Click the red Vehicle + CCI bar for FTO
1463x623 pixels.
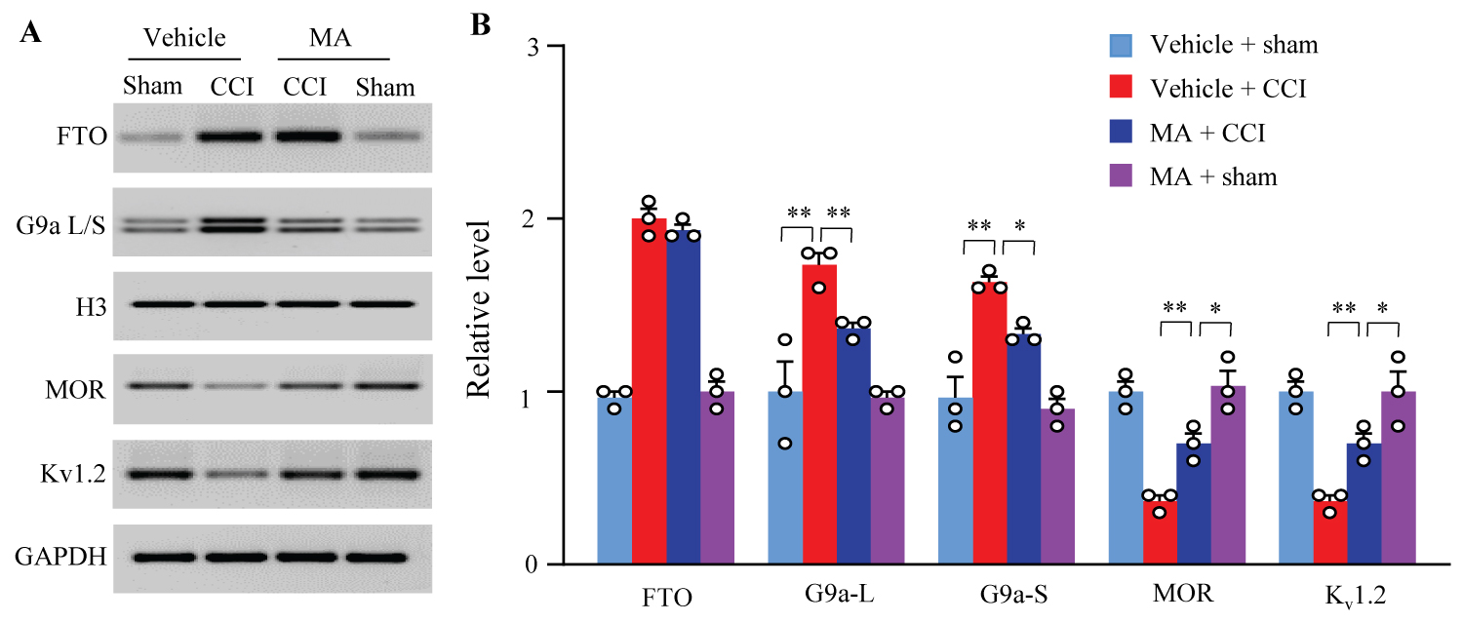coord(649,390)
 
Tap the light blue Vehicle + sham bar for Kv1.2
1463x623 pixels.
coord(1295,478)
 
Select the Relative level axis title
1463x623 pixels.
coord(479,304)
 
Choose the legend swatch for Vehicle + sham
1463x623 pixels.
coord(1121,45)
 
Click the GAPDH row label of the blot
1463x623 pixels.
coord(60,558)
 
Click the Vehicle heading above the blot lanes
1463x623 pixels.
coord(184,39)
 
